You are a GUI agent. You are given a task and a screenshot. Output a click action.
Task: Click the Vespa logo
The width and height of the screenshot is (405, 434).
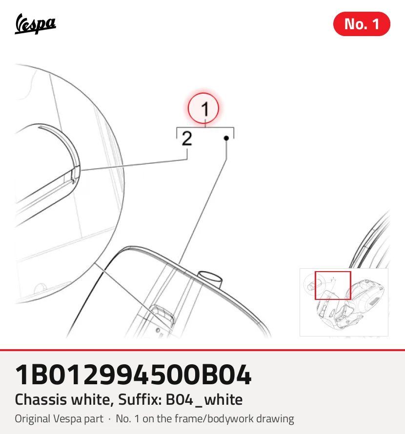pyautogui.click(x=35, y=24)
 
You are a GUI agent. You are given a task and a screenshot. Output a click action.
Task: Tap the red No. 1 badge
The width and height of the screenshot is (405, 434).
pyautogui.click(x=362, y=24)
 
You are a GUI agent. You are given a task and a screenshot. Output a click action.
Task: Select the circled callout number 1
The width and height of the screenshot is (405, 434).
pyautogui.click(x=203, y=108)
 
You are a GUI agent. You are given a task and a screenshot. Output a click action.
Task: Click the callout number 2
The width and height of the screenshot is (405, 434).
pyautogui.click(x=187, y=138)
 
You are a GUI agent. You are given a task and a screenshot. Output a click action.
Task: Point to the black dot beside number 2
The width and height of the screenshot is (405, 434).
pyautogui.click(x=226, y=138)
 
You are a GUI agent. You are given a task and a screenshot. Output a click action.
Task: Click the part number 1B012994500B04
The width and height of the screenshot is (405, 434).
pyautogui.click(x=133, y=375)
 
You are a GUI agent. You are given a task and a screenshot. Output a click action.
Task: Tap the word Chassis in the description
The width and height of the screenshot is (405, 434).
pyautogui.click(x=40, y=400)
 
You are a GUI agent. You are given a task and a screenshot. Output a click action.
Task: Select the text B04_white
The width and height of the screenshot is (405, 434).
pyautogui.click(x=204, y=400)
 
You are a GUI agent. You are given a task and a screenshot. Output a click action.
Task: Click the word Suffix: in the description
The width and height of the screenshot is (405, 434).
pyautogui.click(x=140, y=400)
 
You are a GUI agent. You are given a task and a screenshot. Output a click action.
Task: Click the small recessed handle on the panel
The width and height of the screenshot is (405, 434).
pyautogui.click(x=163, y=315)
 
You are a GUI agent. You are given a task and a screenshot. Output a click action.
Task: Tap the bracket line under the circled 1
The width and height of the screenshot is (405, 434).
pyautogui.click(x=205, y=128)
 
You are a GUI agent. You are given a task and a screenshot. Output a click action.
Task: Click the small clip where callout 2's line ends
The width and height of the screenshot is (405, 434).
pyautogui.click(x=74, y=176)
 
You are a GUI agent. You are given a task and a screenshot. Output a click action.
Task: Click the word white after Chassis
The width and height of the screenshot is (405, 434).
pyautogui.click(x=92, y=400)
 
